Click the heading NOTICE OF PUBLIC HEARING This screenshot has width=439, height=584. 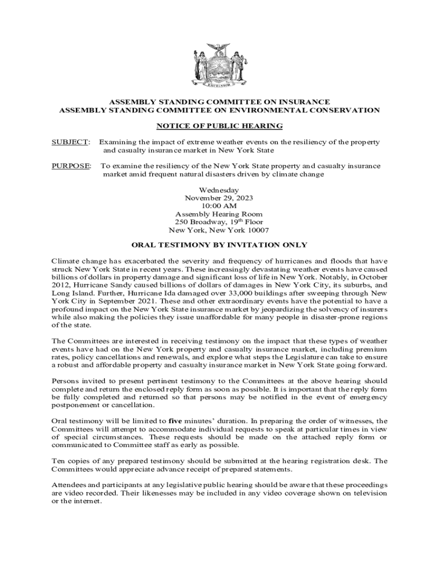(x=219, y=125)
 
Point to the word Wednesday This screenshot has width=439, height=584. (x=219, y=190)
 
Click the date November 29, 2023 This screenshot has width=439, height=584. (x=219, y=198)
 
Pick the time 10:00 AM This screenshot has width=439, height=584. (x=219, y=206)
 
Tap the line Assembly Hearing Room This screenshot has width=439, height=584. (x=219, y=214)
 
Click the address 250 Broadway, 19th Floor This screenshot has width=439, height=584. (x=219, y=222)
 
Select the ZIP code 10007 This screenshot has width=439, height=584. (x=257, y=230)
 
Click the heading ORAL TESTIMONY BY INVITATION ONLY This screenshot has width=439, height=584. (x=219, y=245)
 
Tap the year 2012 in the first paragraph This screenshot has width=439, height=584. (x=60, y=284)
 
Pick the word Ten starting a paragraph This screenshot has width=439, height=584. (x=59, y=461)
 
